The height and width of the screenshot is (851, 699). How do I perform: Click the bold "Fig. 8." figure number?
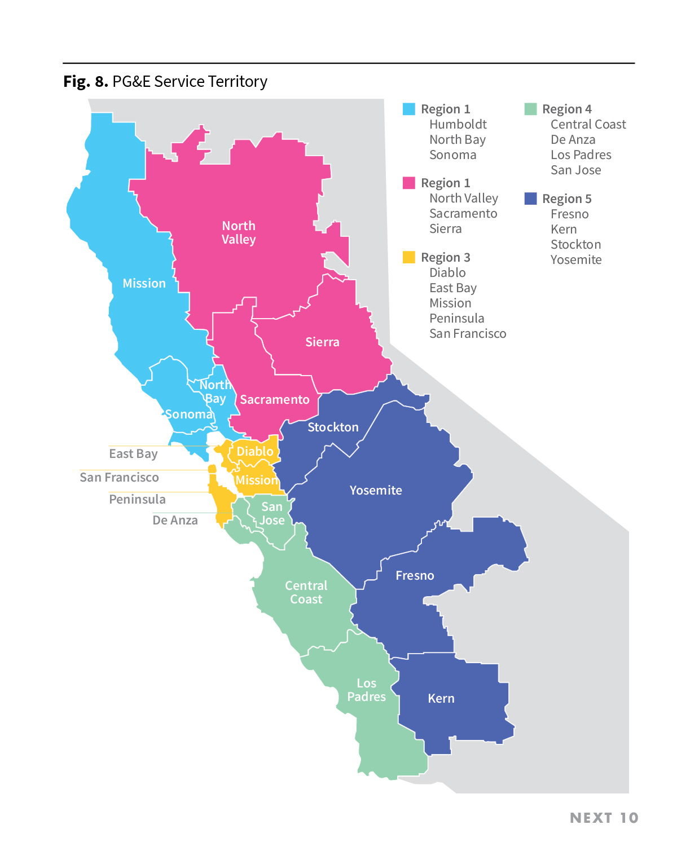tap(85, 82)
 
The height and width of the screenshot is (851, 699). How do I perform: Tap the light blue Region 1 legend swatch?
tap(409, 109)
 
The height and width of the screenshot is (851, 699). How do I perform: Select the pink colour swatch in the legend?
tap(409, 183)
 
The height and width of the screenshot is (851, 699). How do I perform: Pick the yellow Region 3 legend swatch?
tap(409, 257)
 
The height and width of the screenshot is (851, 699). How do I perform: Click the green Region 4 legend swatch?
tap(530, 109)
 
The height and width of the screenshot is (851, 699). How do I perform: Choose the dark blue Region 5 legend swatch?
tap(530, 199)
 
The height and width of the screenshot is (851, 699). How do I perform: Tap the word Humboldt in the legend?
tap(458, 125)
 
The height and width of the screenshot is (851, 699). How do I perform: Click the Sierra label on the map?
tap(322, 342)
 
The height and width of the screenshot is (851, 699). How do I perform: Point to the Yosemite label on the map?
tap(376, 491)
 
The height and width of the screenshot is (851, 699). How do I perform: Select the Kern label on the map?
tap(441, 699)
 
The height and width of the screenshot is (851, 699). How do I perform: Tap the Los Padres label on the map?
tap(366, 690)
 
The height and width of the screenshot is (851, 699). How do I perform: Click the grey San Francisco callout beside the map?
tap(119, 478)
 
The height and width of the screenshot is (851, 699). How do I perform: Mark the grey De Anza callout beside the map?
tap(175, 521)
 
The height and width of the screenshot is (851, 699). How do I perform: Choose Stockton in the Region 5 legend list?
tap(575, 245)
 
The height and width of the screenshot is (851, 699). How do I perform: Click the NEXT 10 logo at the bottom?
tap(604, 818)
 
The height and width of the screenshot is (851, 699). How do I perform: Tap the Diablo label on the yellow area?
tap(255, 452)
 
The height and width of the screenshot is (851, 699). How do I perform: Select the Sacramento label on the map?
tap(275, 400)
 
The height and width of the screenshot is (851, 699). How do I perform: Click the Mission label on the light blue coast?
tap(144, 284)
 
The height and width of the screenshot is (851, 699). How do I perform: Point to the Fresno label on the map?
tap(415, 576)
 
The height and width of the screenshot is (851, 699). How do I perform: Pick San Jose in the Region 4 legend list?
tap(575, 170)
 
